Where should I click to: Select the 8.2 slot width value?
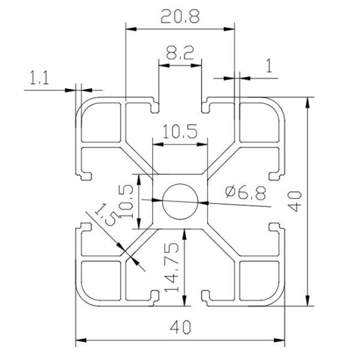179,53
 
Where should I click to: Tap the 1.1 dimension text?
39,78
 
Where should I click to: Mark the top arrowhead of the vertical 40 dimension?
308,100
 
